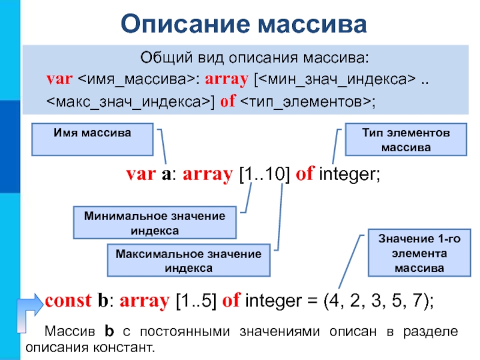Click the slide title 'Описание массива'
tap(244, 24)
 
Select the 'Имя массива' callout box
tap(92, 139)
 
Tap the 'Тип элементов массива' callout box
tap(406, 139)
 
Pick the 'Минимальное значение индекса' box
tap(155, 223)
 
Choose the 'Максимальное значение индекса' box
tap(188, 260)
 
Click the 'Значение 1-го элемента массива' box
tap(419, 253)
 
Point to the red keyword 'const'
tap(68, 301)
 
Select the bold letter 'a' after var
tap(166, 175)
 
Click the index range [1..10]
tap(264, 174)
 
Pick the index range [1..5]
tap(196, 301)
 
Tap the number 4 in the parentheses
tap(334, 301)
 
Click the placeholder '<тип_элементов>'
tap(305, 101)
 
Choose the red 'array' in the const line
tap(145, 301)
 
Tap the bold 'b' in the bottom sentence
tap(109, 331)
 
